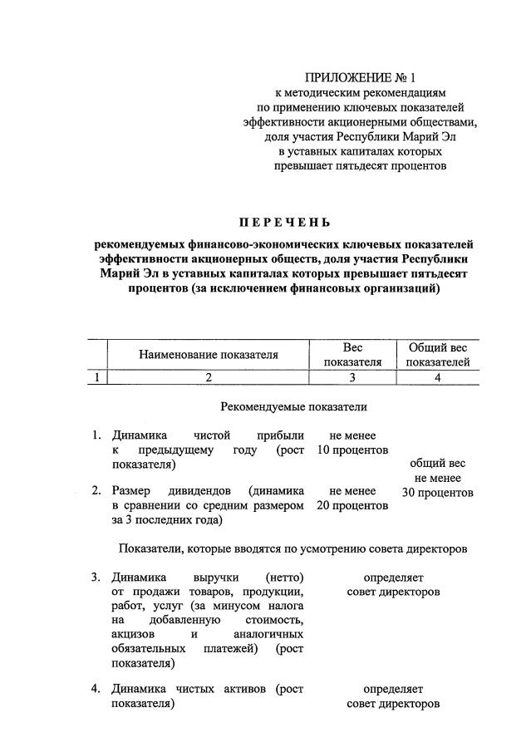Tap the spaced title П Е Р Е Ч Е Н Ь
[284, 222]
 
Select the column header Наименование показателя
[208, 355]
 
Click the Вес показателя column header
[352, 354]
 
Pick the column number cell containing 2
[209, 377]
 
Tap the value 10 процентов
[352, 450]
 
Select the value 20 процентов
[352, 505]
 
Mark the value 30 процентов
[438, 493]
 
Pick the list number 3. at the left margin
[96, 577]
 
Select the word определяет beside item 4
[393, 689]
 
